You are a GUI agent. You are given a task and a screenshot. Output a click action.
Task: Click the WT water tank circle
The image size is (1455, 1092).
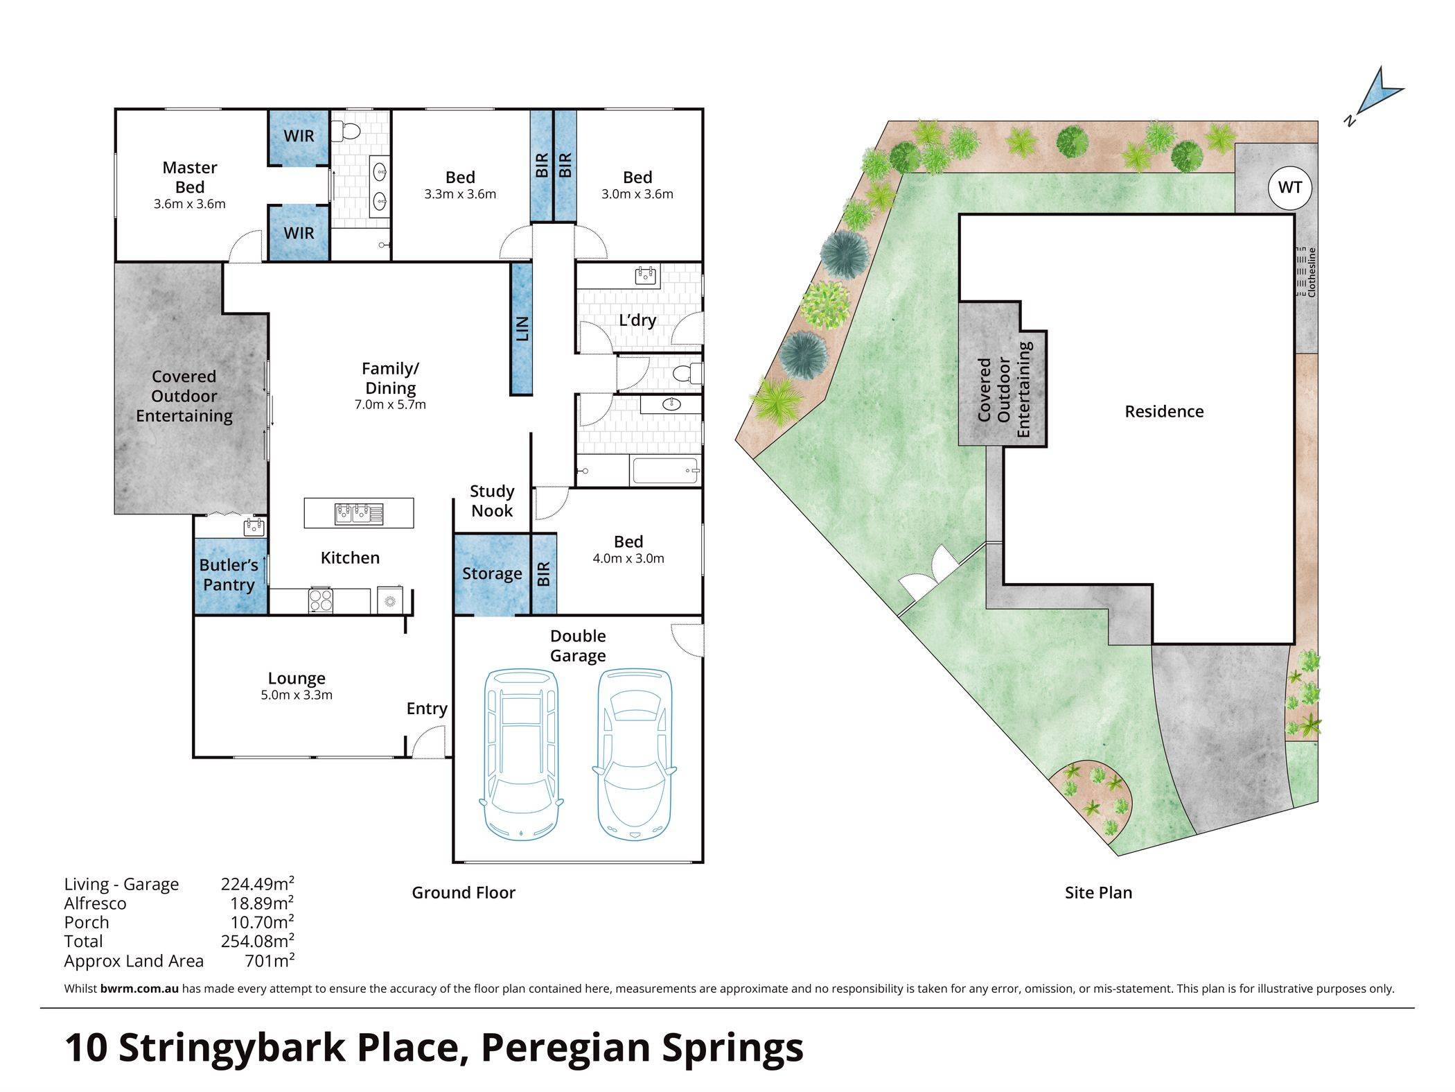point(1289,187)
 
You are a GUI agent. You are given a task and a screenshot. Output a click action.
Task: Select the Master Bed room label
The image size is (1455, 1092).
point(190,177)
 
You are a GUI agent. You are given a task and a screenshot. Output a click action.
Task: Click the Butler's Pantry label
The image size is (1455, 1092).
point(229,575)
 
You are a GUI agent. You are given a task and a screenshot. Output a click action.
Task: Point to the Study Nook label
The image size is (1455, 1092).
point(492,501)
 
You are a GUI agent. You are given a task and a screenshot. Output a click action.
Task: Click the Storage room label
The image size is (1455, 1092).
point(492,573)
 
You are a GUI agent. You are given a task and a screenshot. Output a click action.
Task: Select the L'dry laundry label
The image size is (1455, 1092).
point(637,320)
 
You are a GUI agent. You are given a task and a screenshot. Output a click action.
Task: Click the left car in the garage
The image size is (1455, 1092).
point(520,754)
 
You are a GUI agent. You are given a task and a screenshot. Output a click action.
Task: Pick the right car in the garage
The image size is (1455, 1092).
point(634,754)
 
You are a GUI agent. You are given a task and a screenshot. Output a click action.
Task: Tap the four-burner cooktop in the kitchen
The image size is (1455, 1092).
point(320,600)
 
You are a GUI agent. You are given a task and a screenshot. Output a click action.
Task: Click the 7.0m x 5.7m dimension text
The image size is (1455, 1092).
point(390,405)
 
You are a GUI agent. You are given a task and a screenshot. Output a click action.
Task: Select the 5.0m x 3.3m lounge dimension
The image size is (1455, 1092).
point(297,695)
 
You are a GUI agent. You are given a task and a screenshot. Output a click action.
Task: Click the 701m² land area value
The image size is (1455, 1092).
point(270,961)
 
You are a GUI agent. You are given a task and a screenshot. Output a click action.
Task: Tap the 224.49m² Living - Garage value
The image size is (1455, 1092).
point(258,884)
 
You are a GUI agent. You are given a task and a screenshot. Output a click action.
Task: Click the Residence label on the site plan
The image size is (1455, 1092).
point(1164,412)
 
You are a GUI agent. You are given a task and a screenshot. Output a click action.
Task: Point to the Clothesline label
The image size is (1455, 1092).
point(1311,272)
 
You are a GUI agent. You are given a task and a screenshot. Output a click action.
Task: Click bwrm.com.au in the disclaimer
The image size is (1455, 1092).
point(139,989)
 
